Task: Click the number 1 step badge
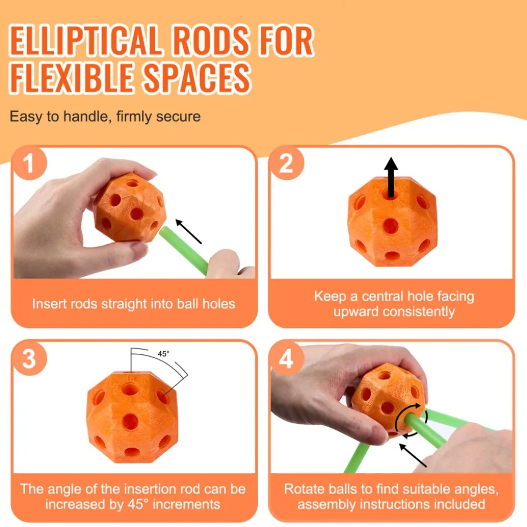[x=29, y=163]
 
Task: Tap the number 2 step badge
[x=286, y=163]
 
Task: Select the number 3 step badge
[x=29, y=358]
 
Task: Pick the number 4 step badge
[x=286, y=358]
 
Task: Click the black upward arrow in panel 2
[x=391, y=177]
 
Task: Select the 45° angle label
[x=164, y=353]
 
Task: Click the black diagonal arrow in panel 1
[x=189, y=231]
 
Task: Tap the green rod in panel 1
[x=184, y=250]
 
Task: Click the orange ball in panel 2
[x=392, y=221]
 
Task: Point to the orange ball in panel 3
[x=133, y=417]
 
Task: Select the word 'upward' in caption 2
[x=356, y=312]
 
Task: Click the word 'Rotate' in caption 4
[x=304, y=489]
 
